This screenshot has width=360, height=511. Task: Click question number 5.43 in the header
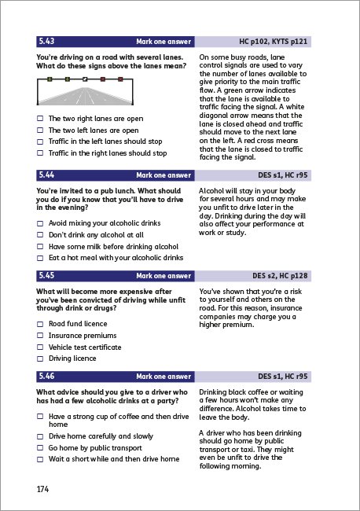[48, 41]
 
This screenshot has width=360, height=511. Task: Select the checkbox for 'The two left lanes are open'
[40, 131]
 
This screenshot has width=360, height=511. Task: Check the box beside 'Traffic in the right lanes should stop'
[40, 153]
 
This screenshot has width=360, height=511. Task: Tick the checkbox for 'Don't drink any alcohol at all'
[40, 235]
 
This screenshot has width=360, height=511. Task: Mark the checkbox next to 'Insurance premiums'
[40, 336]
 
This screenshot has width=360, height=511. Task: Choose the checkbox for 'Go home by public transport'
[40, 447]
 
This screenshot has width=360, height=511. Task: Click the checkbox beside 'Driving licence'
[40, 358]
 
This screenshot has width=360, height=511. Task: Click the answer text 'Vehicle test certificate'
[85, 347]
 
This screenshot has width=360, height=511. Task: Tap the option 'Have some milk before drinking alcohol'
[113, 246]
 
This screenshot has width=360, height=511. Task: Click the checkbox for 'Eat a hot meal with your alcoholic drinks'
[40, 258]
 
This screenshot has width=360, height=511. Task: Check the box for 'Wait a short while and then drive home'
[40, 458]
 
